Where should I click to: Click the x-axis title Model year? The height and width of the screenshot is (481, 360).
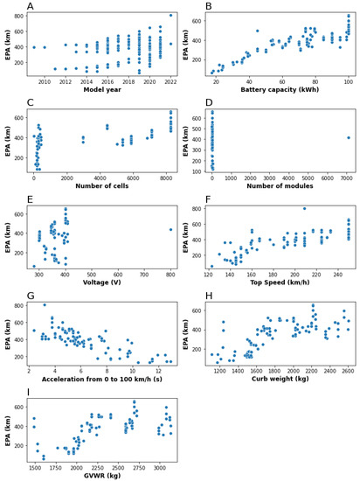click(x=102, y=89)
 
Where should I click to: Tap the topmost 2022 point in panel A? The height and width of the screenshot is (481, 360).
click(x=170, y=15)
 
